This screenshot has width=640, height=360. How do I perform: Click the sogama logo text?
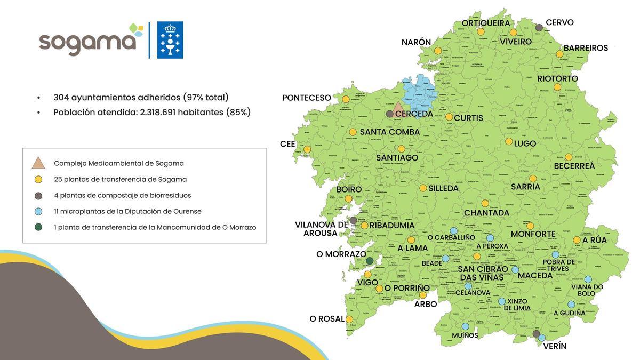[x=87, y=42]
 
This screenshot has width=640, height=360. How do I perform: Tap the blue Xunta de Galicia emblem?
[x=170, y=40]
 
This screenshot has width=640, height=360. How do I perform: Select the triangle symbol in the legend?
[x=38, y=163]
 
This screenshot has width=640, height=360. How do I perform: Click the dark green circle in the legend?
[x=38, y=227]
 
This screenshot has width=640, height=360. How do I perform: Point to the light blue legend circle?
[x=38, y=211]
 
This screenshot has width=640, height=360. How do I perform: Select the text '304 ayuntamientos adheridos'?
[x=117, y=98]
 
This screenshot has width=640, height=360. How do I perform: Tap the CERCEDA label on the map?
[x=414, y=114]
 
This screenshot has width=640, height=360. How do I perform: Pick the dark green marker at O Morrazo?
[x=370, y=261]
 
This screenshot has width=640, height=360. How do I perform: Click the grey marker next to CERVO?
[x=539, y=27]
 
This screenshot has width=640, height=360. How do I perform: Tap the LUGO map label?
[x=525, y=143]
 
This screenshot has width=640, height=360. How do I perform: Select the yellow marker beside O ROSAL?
[x=349, y=319]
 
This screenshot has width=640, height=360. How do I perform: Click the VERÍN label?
[x=555, y=346]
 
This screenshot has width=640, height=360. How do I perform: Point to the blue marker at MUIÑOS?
[x=465, y=326]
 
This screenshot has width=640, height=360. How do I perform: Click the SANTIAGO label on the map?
[x=397, y=158]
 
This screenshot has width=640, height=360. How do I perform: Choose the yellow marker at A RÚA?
[x=577, y=240]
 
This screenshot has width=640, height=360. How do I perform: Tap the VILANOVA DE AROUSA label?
[x=321, y=229]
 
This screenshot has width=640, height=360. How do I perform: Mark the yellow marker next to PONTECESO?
[x=346, y=99]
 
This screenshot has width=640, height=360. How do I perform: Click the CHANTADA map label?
[x=486, y=213]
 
